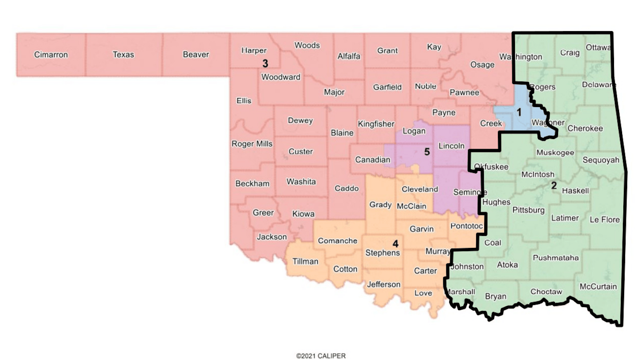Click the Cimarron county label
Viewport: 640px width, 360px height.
pyautogui.click(x=51, y=55)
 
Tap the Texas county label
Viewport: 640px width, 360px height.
pyautogui.click(x=123, y=55)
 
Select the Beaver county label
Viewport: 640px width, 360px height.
pyautogui.click(x=196, y=55)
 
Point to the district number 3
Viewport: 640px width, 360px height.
pyautogui.click(x=265, y=64)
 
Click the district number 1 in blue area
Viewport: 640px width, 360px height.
pyautogui.click(x=519, y=112)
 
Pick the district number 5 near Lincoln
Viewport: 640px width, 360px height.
pyautogui.click(x=427, y=152)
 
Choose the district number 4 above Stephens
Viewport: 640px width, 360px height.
pyautogui.click(x=396, y=244)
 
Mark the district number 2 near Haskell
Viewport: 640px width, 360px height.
pyautogui.click(x=554, y=185)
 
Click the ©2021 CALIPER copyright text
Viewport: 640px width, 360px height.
pyautogui.click(x=321, y=356)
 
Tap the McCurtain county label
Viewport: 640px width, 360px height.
pyautogui.click(x=598, y=287)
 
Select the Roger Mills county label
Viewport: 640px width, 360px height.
pyautogui.click(x=252, y=144)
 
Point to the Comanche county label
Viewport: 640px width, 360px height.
pyautogui.click(x=337, y=241)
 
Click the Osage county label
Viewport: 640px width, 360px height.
pyautogui.click(x=482, y=65)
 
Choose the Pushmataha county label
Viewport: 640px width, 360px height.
pyautogui.click(x=556, y=258)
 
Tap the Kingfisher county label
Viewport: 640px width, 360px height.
pyautogui.click(x=376, y=124)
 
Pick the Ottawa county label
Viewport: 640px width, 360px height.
pyautogui.click(x=598, y=47)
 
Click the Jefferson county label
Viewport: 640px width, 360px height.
pyautogui.click(x=384, y=285)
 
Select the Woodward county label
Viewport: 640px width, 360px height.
pyautogui.click(x=281, y=77)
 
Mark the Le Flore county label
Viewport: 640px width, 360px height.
pyautogui.click(x=604, y=220)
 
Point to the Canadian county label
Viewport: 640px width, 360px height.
pyautogui.click(x=372, y=160)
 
